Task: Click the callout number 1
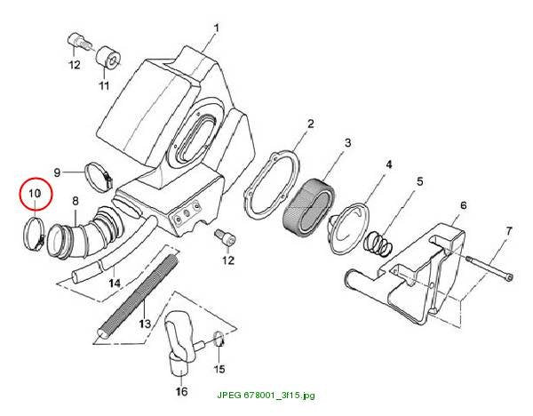click(x=217, y=28)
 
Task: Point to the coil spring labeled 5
click(x=378, y=244)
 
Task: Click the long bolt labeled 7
click(x=489, y=268)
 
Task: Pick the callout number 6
click(x=464, y=205)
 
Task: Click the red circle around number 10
click(x=36, y=194)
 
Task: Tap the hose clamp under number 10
click(x=34, y=235)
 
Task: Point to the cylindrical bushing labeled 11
click(x=108, y=59)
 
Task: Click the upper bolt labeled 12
click(x=79, y=42)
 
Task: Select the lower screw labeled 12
click(x=226, y=238)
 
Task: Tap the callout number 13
click(x=145, y=324)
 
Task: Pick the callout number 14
click(x=115, y=283)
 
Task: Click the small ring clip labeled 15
click(x=219, y=339)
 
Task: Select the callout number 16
click(x=181, y=391)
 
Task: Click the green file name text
click(x=266, y=396)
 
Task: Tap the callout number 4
click(x=389, y=164)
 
